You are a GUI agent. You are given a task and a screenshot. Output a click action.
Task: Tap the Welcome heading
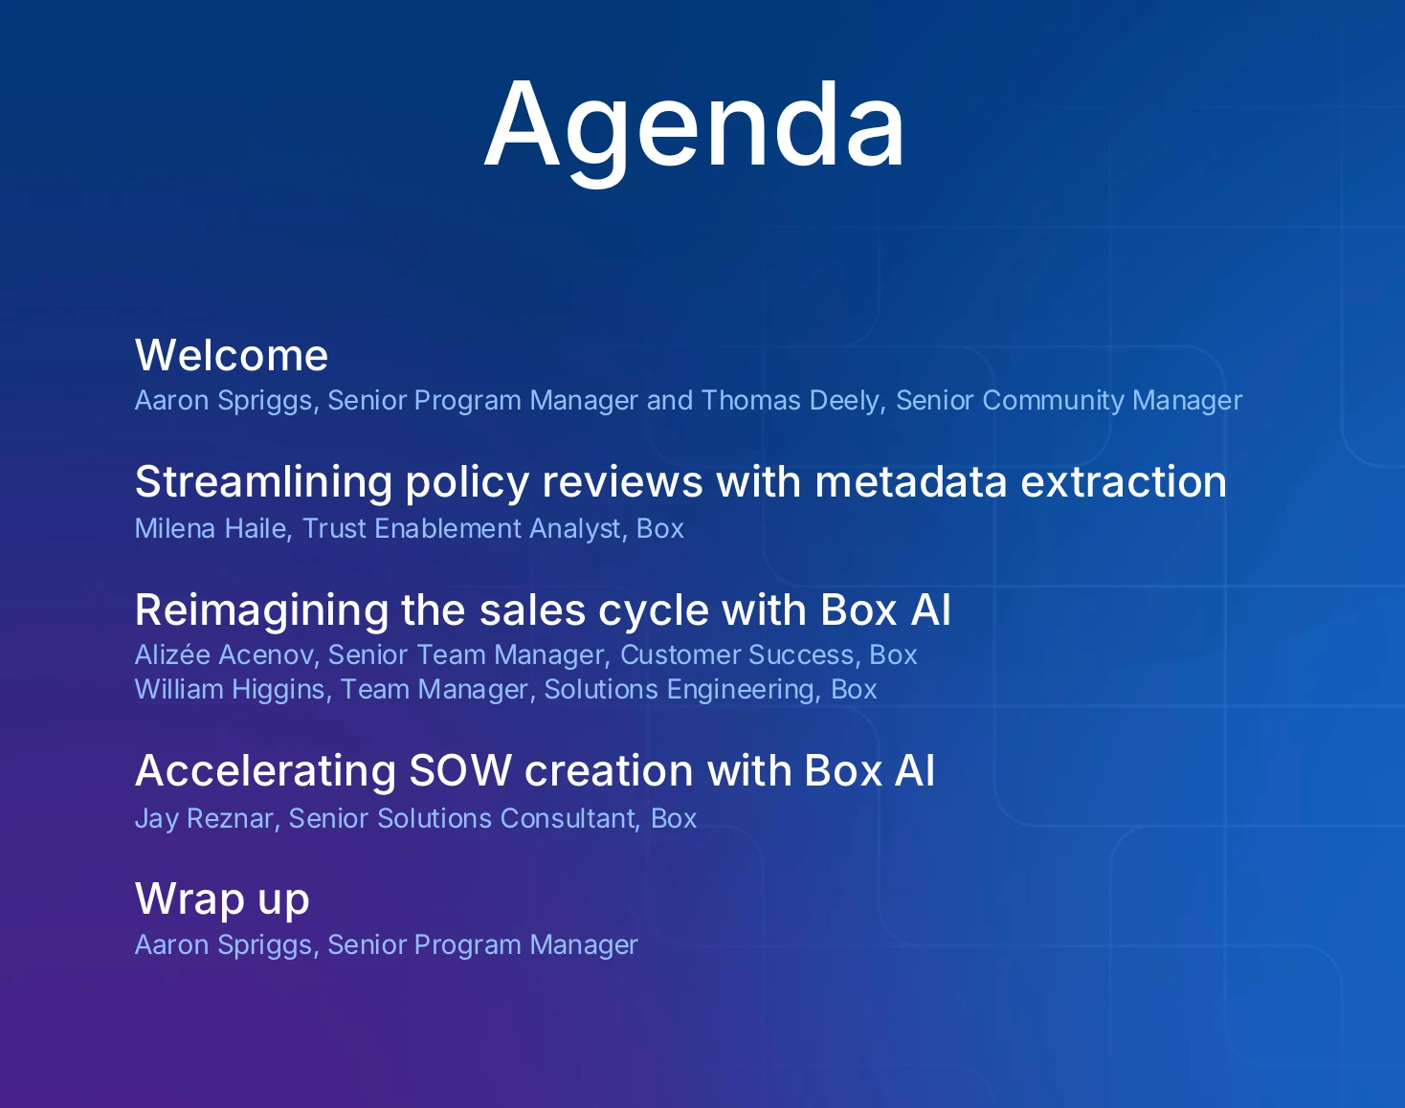pos(231,355)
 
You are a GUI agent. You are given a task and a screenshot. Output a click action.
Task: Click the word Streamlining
pos(264,482)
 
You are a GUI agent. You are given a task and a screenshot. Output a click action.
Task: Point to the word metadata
pos(911,482)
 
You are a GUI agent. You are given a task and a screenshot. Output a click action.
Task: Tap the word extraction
pos(1124,482)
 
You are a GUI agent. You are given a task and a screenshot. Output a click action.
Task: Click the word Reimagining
pos(262,609)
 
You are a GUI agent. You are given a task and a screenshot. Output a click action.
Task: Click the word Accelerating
pos(265,770)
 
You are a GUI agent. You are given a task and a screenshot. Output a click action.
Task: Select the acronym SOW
pos(460,770)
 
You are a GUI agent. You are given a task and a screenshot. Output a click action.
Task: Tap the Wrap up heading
pos(222,899)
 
